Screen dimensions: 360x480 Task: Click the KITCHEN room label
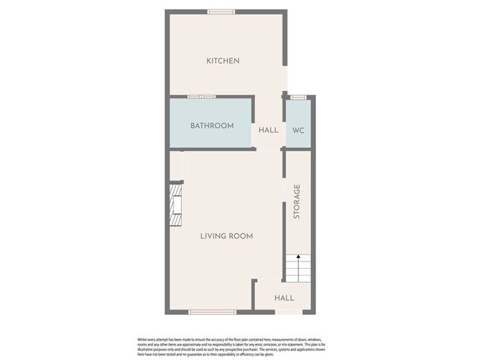coord(223,61)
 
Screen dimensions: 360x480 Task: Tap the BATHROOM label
coord(212,126)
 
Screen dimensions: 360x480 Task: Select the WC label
coord(297,130)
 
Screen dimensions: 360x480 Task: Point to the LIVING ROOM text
coord(226,236)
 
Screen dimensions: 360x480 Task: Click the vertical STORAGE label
coord(297,202)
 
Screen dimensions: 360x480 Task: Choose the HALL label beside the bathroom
coord(269,130)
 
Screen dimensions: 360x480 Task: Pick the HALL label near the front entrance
coord(285,298)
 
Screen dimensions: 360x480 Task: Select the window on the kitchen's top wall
coord(221,11)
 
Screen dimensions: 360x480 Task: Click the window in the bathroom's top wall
coord(201,96)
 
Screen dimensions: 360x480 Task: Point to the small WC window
coord(298,96)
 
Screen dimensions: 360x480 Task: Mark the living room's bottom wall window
coord(212,312)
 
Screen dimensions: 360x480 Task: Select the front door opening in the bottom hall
coord(288,312)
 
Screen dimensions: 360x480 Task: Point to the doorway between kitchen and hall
coord(269,96)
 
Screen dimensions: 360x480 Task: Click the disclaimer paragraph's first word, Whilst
coord(143,338)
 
